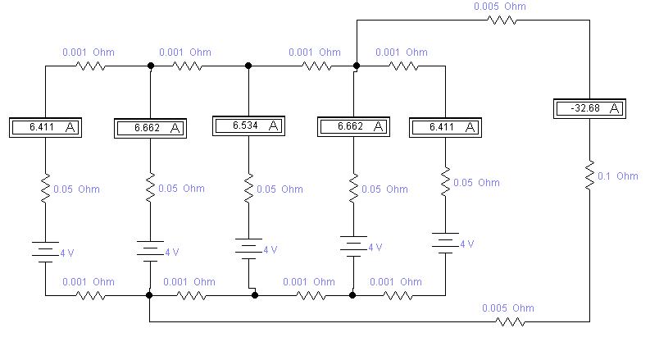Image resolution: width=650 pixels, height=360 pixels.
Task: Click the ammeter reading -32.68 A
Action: (x=589, y=109)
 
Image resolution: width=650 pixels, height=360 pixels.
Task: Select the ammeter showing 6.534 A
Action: (x=248, y=125)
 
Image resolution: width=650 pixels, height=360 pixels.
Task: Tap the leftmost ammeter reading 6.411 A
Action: (x=46, y=127)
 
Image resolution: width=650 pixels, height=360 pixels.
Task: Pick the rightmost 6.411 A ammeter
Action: (x=445, y=127)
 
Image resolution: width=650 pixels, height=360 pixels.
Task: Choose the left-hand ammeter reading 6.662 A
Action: (x=150, y=128)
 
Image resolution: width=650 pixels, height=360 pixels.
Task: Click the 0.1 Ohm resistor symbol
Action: (x=589, y=175)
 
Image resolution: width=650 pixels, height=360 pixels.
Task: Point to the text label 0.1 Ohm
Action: (x=618, y=176)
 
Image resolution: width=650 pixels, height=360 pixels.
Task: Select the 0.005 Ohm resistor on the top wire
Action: (x=502, y=20)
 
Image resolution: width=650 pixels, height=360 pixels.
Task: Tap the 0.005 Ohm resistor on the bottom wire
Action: (x=510, y=321)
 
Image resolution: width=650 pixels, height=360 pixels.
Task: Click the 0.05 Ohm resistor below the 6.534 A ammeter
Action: (x=248, y=189)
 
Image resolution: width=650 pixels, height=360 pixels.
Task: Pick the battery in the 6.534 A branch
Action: (x=248, y=248)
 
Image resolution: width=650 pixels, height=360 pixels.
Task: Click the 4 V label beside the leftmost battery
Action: (x=67, y=253)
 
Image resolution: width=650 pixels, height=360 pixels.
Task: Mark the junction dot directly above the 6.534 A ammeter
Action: (x=248, y=66)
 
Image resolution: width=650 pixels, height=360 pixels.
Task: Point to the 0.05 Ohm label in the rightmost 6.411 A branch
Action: (x=476, y=183)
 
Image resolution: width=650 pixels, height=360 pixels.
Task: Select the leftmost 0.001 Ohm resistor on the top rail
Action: (x=90, y=66)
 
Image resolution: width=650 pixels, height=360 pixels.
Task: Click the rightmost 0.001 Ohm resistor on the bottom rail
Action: (x=398, y=295)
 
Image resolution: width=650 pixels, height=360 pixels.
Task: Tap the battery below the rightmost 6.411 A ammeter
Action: (x=445, y=243)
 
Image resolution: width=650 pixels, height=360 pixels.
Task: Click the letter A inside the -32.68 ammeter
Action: (x=615, y=109)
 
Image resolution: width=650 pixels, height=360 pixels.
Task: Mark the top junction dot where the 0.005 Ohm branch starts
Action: (x=357, y=66)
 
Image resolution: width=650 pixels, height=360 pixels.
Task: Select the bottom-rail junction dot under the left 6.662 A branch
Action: (x=149, y=295)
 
